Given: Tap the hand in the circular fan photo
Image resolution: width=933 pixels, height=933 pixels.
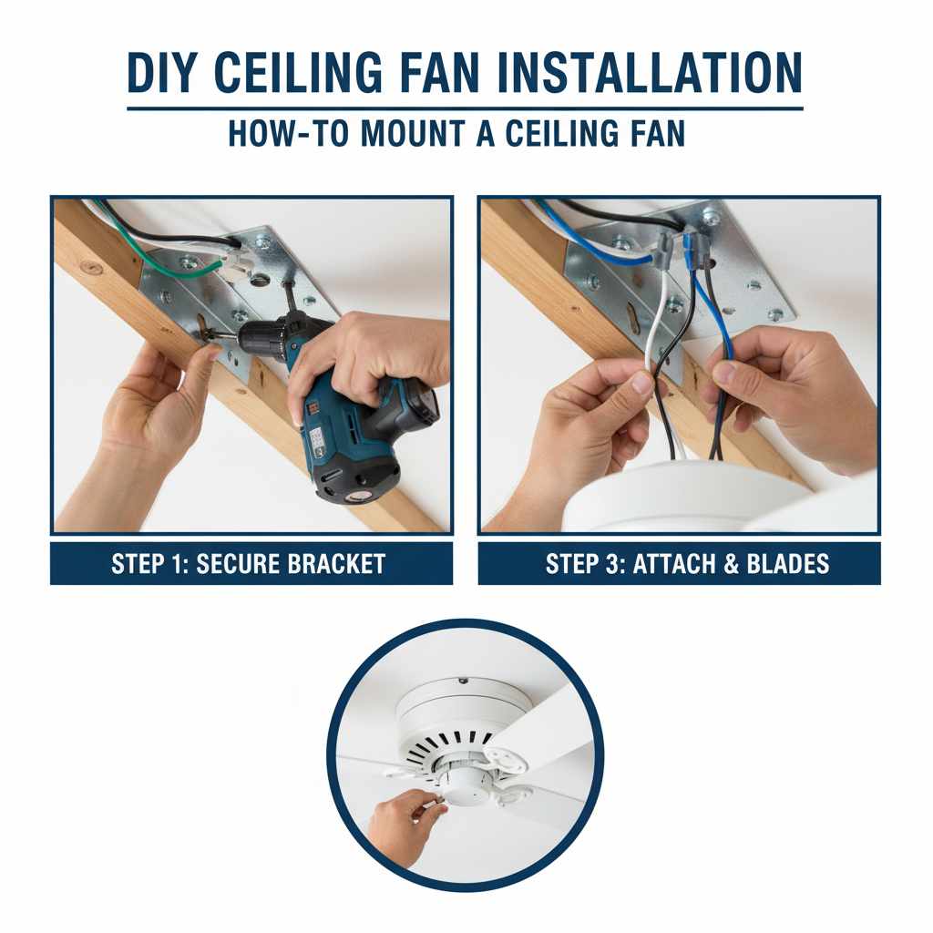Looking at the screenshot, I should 401,825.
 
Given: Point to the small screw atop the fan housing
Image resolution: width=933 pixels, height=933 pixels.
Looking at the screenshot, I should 463,678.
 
